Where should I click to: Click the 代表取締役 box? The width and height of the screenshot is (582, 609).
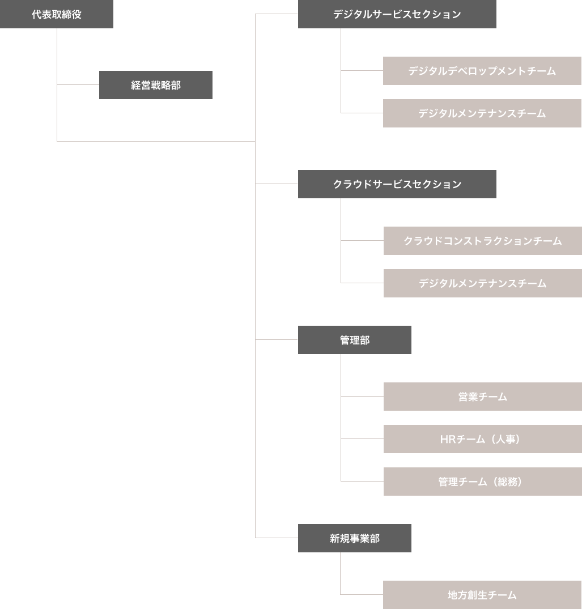point(57,14)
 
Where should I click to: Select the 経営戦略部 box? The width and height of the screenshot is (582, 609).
point(156,85)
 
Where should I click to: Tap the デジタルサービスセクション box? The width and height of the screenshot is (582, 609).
point(397,14)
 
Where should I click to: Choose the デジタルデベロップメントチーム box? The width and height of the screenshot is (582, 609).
point(482,71)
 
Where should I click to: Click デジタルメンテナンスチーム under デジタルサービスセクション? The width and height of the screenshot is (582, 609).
point(482,113)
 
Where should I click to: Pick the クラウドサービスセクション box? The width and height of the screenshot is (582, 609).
point(397,184)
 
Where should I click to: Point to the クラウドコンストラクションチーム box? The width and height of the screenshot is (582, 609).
point(482,241)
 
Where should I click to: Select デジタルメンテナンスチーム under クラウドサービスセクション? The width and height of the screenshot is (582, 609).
point(482,283)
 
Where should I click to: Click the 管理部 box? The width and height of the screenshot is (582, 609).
point(355,340)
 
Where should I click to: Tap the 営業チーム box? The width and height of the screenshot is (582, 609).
point(482,397)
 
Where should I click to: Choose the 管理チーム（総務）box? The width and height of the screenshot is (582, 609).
point(482,482)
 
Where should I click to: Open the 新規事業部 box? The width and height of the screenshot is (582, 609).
point(355,538)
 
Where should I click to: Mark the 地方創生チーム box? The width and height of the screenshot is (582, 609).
point(482,595)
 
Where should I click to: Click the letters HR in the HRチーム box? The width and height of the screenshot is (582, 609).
point(448,439)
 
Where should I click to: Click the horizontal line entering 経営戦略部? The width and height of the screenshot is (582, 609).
point(78,85)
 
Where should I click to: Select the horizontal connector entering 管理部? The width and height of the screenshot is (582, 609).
point(277,340)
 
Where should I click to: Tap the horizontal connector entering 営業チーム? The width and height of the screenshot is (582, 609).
point(362,397)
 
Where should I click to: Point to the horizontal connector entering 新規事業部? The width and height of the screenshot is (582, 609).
point(277,538)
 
